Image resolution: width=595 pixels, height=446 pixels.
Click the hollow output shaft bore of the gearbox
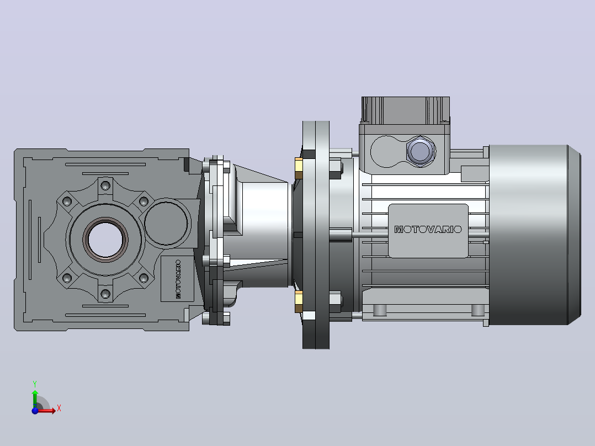[x=105, y=240]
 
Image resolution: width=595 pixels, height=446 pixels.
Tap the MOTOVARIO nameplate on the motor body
[x=428, y=230]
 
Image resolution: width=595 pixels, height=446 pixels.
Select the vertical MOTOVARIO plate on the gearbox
[x=178, y=279]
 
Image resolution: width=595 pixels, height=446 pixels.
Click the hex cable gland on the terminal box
[x=421, y=151]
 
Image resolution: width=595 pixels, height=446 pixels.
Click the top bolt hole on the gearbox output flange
[x=105, y=186]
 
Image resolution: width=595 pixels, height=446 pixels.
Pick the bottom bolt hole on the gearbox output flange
[x=105, y=294]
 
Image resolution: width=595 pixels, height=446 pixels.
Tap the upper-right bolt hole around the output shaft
[x=144, y=201]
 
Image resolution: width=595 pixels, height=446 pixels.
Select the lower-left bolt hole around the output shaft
[x=67, y=278]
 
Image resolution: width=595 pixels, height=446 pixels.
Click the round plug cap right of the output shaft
[x=166, y=223]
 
